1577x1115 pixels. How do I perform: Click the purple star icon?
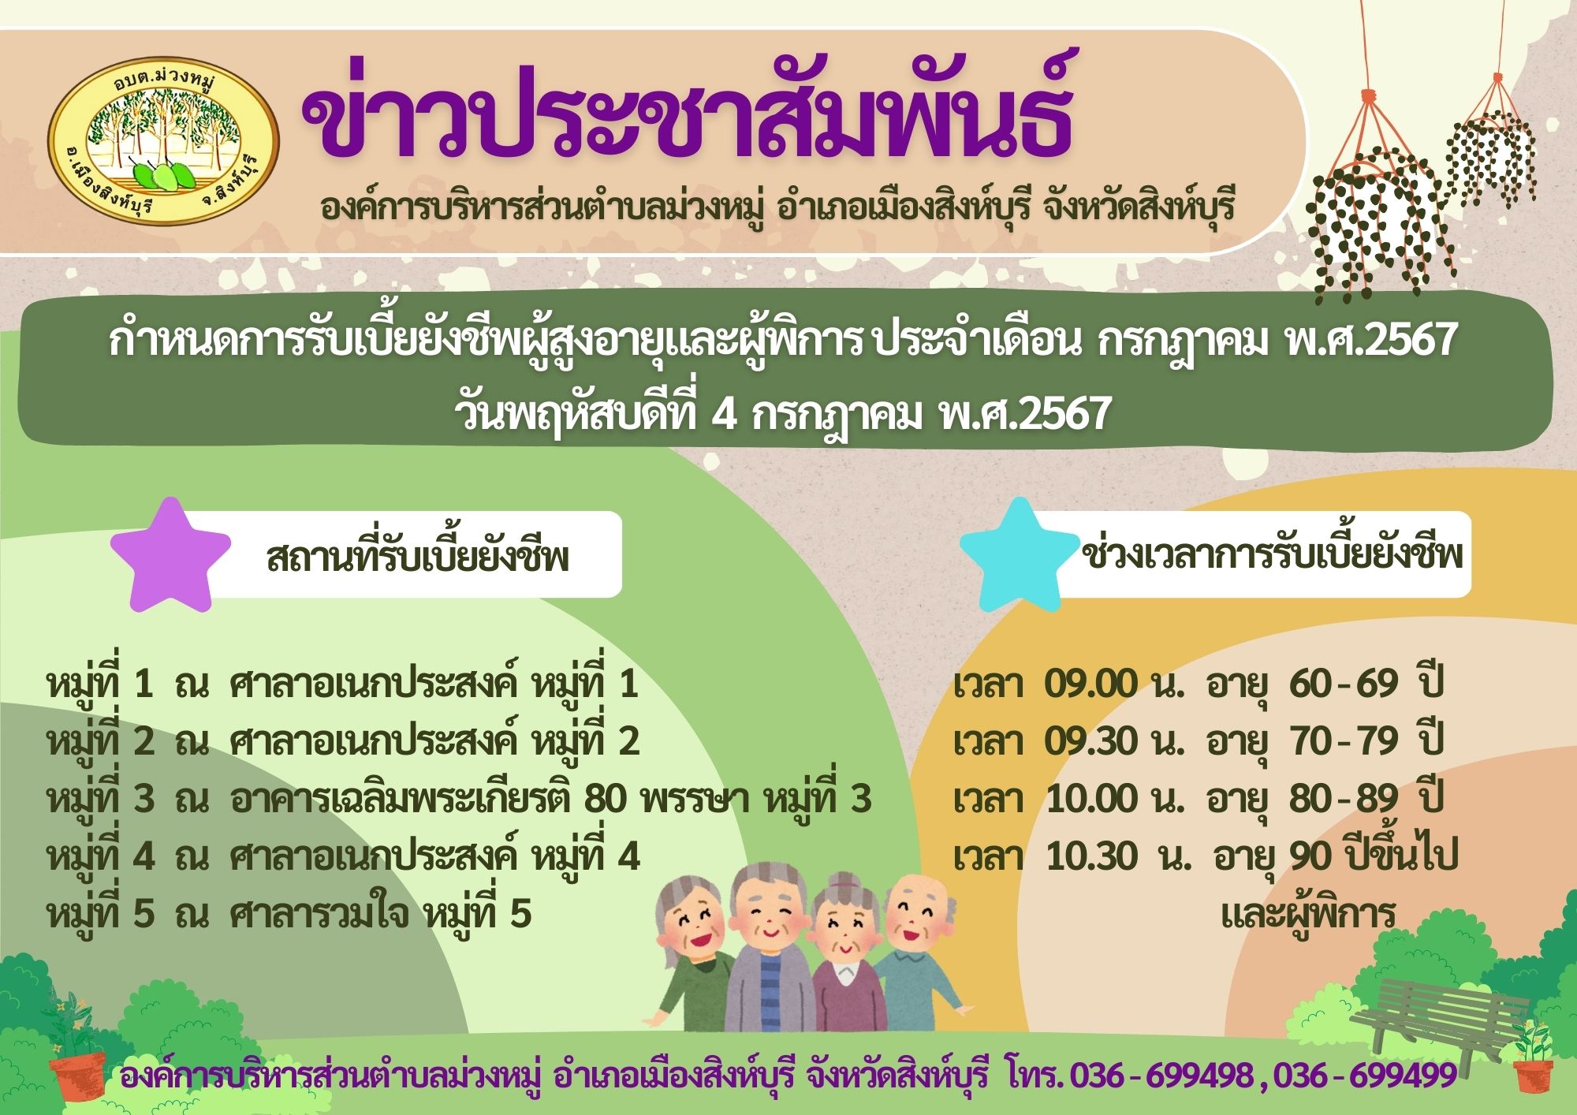click(x=170, y=554)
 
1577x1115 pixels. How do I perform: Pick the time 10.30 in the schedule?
click(x=1092, y=856)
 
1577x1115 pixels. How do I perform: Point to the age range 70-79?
click(x=1344, y=741)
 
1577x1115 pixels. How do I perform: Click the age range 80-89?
click(x=1344, y=799)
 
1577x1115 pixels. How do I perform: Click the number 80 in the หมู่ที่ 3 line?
click(x=605, y=799)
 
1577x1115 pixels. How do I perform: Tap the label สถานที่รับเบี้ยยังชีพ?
click(x=418, y=557)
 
